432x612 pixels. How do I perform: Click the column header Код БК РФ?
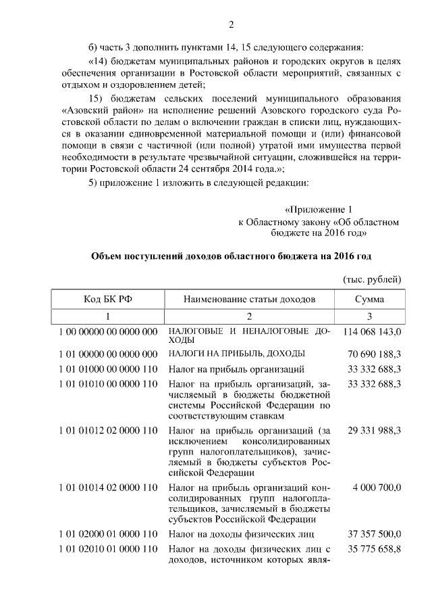[x=107, y=299]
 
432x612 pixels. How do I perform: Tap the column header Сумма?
[x=369, y=299]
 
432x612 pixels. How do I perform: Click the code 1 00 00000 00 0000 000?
[x=108, y=332]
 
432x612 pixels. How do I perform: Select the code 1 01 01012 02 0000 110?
[x=108, y=430]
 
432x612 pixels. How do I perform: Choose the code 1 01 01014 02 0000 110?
[x=108, y=488]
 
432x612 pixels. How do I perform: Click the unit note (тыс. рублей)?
[x=373, y=279]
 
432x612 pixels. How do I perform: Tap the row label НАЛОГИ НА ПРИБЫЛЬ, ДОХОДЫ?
[x=237, y=354]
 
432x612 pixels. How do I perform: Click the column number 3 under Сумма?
[x=369, y=316]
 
